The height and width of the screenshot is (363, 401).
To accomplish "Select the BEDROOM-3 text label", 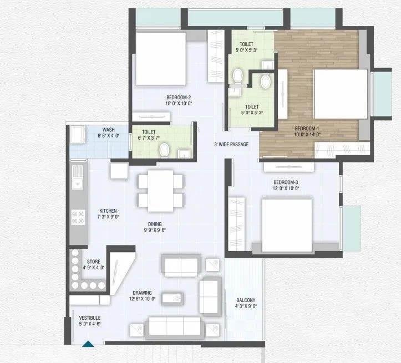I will (286, 182).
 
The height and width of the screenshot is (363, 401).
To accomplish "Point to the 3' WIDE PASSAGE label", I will (231, 145).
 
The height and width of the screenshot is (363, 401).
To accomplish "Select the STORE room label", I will (93, 262).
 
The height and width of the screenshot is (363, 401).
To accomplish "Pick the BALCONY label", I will (245, 301).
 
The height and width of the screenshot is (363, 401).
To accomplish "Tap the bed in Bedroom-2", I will (161, 59).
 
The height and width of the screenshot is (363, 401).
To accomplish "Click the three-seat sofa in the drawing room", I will (175, 326).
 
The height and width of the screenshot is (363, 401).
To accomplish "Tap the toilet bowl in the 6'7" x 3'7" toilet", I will (164, 150).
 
